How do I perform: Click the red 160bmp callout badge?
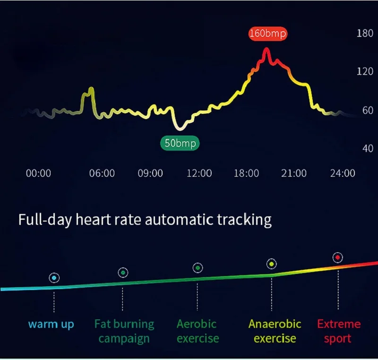click(268, 34)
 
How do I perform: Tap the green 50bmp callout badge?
click(180, 142)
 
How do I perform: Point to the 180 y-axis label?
click(364, 34)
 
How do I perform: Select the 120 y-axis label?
click(364, 71)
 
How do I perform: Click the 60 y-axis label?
click(367, 111)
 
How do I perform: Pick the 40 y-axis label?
click(367, 148)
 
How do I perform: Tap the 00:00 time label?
click(38, 173)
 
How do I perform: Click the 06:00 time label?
click(102, 173)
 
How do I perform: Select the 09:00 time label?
click(150, 173)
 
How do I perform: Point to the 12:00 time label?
click(199, 173)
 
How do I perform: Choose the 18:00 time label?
click(246, 173)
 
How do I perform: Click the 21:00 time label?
click(294, 173)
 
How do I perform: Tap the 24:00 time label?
click(342, 173)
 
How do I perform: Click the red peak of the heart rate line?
click(266, 50)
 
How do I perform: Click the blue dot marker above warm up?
click(54, 278)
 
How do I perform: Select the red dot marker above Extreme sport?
click(337, 257)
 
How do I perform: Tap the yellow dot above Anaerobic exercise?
click(271, 264)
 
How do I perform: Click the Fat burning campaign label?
click(124, 331)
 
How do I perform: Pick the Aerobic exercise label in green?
click(198, 331)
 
